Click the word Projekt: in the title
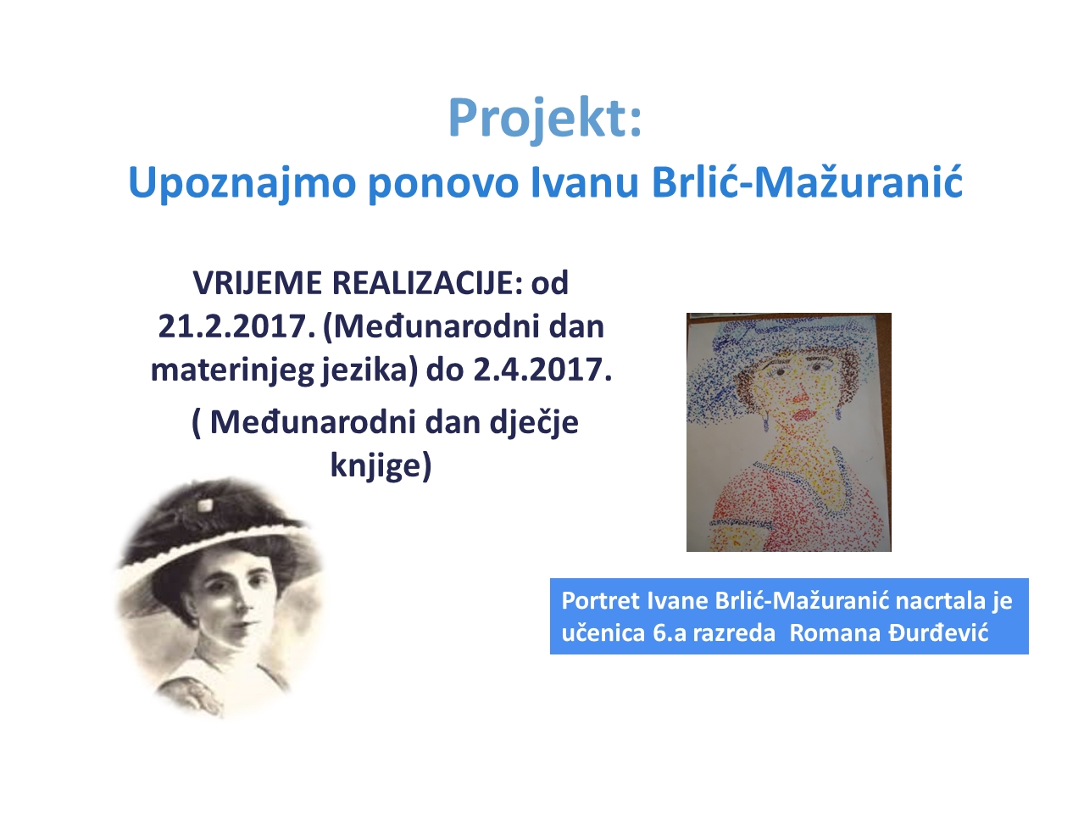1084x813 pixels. pos(544,120)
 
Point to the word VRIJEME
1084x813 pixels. pos(257,283)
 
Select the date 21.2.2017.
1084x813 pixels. pos(236,326)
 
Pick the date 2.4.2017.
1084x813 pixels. pos(542,370)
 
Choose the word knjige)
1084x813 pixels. pos(381,465)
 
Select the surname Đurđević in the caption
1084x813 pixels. pos(938,632)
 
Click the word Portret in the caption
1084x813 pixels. pos(601,601)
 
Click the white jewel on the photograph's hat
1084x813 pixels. pos(205,504)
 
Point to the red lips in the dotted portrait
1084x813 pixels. pos(803,414)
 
